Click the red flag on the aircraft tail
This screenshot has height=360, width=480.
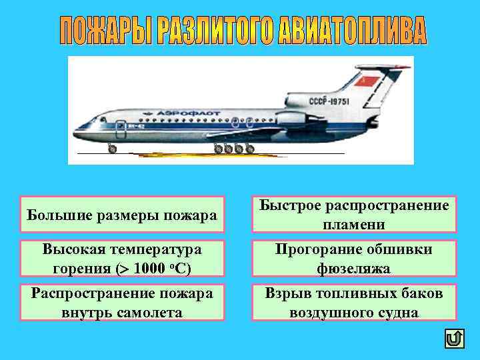point(369,83)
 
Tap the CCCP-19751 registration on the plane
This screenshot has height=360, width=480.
point(327,101)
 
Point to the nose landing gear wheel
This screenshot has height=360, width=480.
point(112,149)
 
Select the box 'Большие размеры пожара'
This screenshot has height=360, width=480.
point(122,215)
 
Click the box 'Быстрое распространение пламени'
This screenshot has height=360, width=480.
point(354,215)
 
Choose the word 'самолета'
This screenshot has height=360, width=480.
point(153,312)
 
